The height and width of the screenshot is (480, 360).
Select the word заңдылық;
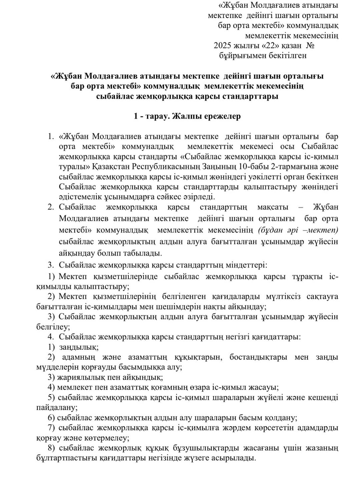coord(79,347)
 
